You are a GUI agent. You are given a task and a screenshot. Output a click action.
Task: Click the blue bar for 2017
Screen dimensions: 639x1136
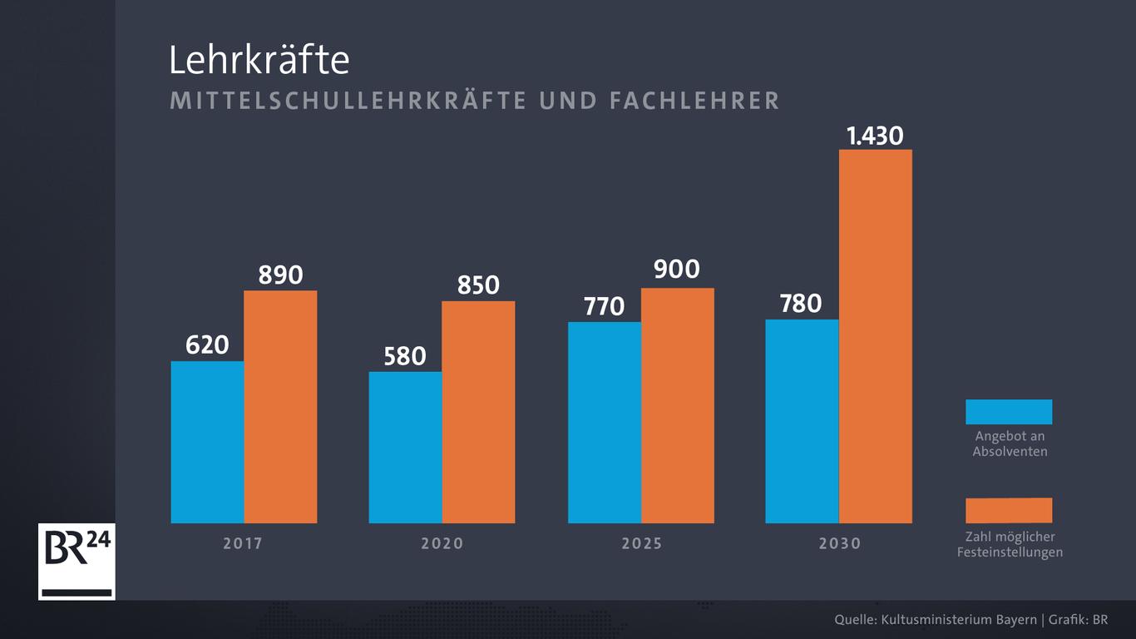pos(207,442)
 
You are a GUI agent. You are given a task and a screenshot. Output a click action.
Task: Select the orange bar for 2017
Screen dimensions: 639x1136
pos(280,407)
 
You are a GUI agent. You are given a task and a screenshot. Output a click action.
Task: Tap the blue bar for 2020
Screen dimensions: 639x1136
pos(405,447)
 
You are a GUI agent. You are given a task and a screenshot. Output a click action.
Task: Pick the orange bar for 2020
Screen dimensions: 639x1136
pos(478,412)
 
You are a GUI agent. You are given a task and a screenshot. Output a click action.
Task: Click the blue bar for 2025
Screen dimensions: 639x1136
pos(605,423)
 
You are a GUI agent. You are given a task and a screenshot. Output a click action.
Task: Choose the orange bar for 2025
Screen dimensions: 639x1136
pos(678,405)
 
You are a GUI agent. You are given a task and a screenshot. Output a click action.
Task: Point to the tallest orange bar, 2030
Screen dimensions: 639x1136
pos(876,336)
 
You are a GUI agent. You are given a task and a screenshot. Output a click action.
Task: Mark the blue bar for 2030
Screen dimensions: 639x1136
pos(802,421)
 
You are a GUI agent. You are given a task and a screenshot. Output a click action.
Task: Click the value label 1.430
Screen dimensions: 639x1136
pos(875,136)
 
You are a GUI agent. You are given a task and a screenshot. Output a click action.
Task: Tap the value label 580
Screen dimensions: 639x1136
pos(405,356)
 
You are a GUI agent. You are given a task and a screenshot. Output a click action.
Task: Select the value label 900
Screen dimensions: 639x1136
pos(677,270)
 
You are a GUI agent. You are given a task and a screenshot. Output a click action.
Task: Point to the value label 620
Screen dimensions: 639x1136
pos(207,344)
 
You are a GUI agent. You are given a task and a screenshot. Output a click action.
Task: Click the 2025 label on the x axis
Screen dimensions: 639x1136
pos(642,544)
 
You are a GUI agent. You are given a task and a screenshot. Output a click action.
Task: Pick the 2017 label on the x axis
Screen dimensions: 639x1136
pos(243,544)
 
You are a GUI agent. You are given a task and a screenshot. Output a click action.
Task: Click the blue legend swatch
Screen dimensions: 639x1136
pos(1009,412)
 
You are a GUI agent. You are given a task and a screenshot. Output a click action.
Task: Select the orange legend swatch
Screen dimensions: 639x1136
pos(1009,510)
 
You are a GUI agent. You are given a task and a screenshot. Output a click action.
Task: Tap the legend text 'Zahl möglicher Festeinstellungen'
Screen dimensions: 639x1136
pos(1010,544)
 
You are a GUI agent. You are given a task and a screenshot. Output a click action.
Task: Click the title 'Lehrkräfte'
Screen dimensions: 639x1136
pos(259,61)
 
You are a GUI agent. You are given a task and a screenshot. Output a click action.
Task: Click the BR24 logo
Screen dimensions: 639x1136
pos(77,562)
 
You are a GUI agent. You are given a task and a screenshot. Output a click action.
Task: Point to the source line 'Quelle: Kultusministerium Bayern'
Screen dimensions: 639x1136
pos(936,620)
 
